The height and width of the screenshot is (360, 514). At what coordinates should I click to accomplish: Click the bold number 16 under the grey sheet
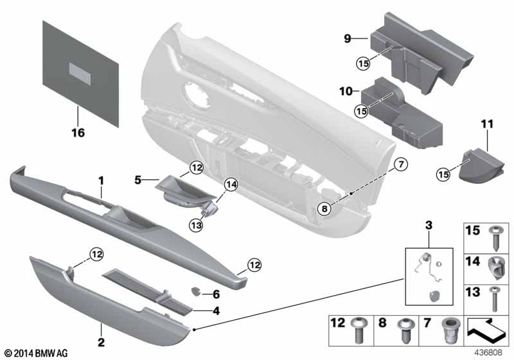coord(78,133)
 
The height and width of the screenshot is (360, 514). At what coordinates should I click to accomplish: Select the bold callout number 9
coord(347,39)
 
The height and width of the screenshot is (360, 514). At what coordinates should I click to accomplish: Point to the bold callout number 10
coord(346,91)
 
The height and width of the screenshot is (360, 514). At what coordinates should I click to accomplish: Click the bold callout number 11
coord(487,124)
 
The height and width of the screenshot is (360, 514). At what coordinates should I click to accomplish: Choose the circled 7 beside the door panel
coord(401,165)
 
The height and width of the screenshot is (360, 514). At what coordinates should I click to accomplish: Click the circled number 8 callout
coord(324,208)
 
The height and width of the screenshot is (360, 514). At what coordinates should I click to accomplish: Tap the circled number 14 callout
coord(231,185)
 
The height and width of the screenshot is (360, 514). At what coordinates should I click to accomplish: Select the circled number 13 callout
coord(196,225)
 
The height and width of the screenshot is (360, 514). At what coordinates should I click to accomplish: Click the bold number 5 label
coord(138,179)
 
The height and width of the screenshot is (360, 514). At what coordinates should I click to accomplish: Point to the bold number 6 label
coord(216,294)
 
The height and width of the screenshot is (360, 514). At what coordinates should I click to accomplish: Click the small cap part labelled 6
coord(196,291)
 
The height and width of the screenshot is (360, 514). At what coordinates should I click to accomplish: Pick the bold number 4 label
coord(216,310)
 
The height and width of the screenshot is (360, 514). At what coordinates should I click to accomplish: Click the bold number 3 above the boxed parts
coord(429,225)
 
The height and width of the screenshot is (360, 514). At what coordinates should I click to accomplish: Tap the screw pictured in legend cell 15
coord(495,239)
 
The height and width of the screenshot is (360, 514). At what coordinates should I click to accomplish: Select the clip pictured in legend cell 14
coord(495,268)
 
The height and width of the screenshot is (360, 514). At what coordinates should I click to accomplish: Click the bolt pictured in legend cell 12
coord(358,330)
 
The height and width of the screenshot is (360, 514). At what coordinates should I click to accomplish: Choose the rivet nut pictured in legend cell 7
coord(447,330)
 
